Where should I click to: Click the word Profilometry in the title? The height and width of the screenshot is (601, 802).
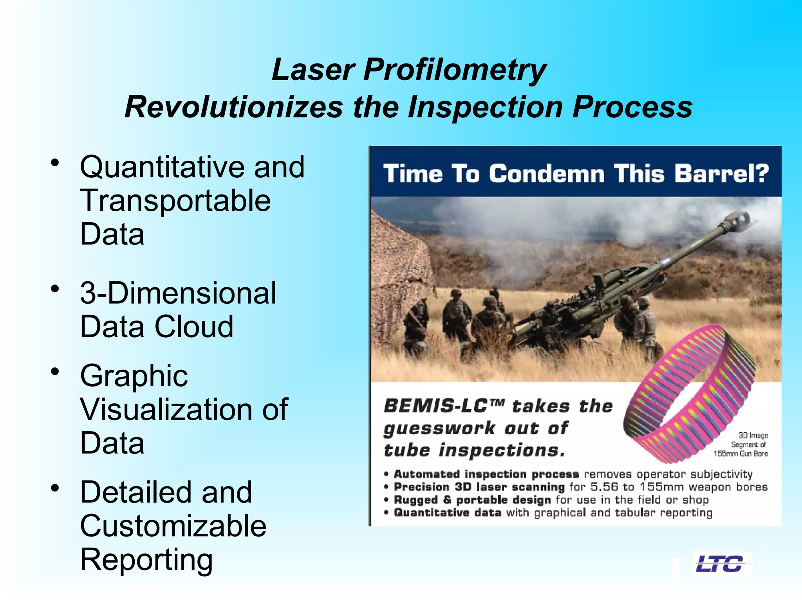pos(455,70)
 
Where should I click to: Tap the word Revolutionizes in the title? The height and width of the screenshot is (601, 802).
pos(233,107)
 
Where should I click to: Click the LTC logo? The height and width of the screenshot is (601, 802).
pos(719,564)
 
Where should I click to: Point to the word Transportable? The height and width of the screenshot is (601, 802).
pos(175,201)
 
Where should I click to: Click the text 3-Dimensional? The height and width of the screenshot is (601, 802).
pos(178,293)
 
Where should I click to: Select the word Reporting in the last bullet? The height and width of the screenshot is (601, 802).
pos(146,560)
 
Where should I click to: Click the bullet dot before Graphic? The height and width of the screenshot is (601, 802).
pos(55,371)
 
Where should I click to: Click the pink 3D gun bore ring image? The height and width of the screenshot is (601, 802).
pos(689,395)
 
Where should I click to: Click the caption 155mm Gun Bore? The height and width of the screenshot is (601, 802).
pos(740,454)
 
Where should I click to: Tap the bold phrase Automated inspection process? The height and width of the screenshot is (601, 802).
pos(486,474)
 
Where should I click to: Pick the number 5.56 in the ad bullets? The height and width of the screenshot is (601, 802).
pos(604,487)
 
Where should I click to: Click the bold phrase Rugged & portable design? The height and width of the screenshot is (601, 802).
pos(472,500)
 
